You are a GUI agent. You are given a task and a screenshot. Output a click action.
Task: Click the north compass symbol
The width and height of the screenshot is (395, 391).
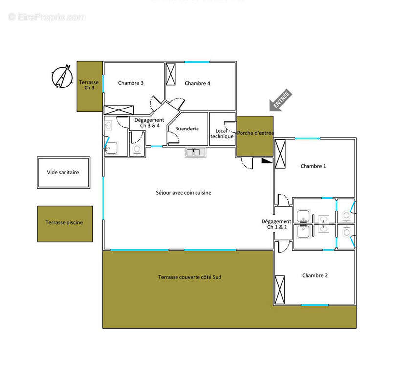[x=62, y=77]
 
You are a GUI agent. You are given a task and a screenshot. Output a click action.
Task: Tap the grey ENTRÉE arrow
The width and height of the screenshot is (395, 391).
[x=281, y=100]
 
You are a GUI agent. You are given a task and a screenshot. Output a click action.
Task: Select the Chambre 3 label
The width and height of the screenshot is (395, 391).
[x=131, y=83]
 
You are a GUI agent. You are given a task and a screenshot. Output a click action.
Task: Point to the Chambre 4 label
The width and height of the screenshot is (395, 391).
[x=197, y=83]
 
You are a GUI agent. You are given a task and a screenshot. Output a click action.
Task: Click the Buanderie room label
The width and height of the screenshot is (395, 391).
[x=187, y=129]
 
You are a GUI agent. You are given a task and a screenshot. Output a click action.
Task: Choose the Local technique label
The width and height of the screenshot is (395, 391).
[x=221, y=134]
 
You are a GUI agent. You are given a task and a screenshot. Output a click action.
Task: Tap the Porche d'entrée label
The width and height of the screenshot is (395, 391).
[x=255, y=133]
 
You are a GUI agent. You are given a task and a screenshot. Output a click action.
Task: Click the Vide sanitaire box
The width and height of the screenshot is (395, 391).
[x=64, y=173]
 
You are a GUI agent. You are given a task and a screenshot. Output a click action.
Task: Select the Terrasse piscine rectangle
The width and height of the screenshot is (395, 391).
[x=65, y=224]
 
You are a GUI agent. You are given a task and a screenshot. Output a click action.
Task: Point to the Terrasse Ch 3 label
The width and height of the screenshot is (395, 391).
[x=89, y=85]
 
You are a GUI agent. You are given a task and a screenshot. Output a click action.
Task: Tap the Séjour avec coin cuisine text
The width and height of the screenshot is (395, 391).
[x=184, y=193]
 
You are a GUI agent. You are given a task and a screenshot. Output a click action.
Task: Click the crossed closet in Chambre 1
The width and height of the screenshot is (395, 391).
[x=280, y=153]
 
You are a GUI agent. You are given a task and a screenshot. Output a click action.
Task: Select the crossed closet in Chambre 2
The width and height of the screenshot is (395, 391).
[x=280, y=290]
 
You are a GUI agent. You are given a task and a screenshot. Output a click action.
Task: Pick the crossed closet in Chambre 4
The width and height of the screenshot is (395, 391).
[x=171, y=74]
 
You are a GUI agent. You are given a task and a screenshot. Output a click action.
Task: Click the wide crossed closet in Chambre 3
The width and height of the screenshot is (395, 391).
[x=119, y=110]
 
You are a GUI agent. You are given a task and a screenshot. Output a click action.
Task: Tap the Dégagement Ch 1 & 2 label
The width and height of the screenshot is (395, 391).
[x=277, y=224]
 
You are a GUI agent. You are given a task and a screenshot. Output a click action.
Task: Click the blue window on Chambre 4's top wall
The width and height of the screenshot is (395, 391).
[x=197, y=62]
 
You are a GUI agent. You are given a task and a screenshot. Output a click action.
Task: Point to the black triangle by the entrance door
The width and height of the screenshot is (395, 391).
[x=267, y=160]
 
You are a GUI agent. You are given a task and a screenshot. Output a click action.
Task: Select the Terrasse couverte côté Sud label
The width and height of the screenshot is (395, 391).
[x=190, y=277]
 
